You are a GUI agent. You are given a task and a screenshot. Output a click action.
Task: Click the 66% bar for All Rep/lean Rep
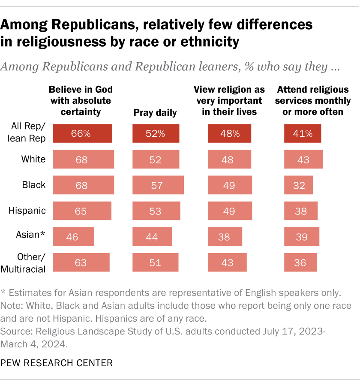[81, 133]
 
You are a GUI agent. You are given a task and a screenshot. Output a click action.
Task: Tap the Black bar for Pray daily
[158, 185]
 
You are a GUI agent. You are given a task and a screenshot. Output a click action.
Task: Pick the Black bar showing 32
[298, 185]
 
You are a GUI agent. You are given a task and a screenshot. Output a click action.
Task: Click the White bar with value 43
[303, 160]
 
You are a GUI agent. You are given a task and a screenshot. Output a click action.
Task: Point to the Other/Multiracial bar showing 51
[155, 262]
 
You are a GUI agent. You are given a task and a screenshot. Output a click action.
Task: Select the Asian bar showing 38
[225, 237]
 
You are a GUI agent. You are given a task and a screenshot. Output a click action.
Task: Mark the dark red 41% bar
[302, 133]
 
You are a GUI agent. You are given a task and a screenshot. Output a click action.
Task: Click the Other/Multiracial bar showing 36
[300, 262]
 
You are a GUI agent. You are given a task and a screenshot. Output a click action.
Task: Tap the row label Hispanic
[27, 211]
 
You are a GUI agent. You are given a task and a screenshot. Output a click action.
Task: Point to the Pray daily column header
[155, 113]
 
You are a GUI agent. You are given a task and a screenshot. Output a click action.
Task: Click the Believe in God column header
[81, 101]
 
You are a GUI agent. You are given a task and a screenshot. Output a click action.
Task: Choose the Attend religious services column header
[314, 101]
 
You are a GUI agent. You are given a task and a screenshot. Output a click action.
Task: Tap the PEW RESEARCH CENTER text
[57, 363]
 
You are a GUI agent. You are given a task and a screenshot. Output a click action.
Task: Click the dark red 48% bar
[230, 133]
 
